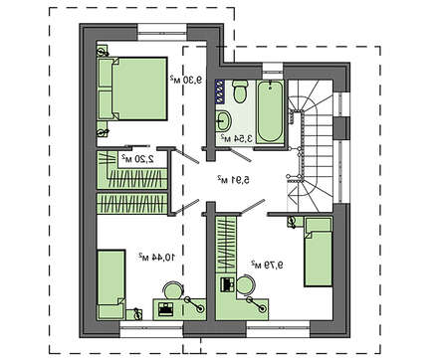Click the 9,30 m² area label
(186, 80)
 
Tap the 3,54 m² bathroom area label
(237, 139)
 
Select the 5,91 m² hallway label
(233, 180)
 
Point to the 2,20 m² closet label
(137, 159)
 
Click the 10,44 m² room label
(156, 257)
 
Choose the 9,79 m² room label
(267, 265)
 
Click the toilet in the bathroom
(240, 90)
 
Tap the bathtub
(270, 111)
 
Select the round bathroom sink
(223, 120)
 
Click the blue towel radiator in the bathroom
(219, 91)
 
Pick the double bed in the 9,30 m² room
(132, 89)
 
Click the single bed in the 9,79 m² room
(319, 252)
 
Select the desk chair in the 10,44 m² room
(173, 290)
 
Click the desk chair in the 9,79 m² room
(246, 284)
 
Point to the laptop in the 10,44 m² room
(165, 309)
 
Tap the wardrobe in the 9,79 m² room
(226, 245)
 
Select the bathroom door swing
(241, 155)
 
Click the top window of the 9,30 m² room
(162, 32)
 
